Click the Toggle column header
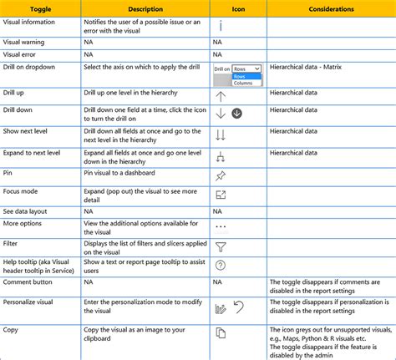point(41,8)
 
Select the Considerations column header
point(330,8)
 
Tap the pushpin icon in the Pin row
point(221,175)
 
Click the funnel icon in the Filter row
point(221,247)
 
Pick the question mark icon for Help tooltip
point(221,266)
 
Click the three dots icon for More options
point(221,226)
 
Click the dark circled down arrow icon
point(236,113)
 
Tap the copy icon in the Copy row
point(221,333)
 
